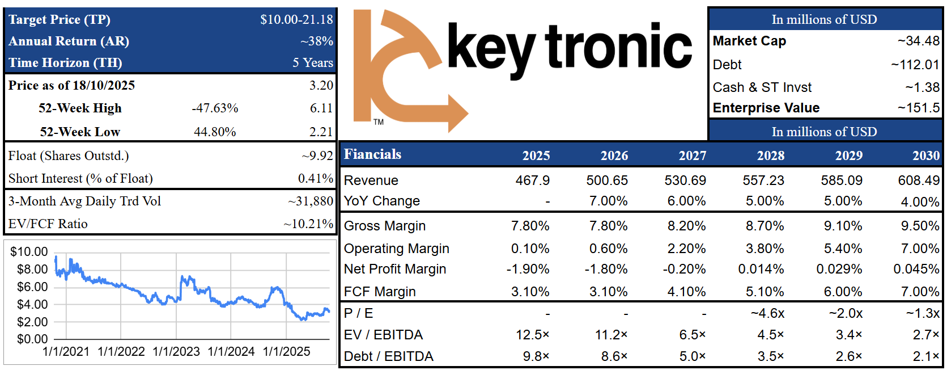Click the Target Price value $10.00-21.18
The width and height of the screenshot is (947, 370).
click(296, 19)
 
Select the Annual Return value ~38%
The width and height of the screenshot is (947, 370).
click(317, 41)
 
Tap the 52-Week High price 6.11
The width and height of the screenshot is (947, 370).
click(321, 108)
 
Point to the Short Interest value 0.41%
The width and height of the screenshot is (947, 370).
click(316, 178)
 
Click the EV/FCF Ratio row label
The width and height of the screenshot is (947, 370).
click(48, 224)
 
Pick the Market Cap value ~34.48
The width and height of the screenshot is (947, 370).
click(918, 41)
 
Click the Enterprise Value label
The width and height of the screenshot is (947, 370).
click(766, 107)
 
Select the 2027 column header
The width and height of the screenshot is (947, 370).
click(693, 155)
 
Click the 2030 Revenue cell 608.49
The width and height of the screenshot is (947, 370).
click(919, 180)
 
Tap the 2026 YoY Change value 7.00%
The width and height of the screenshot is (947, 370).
click(608, 201)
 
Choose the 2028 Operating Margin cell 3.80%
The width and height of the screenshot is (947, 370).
click(765, 249)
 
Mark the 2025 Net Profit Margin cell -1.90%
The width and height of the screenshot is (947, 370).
click(528, 269)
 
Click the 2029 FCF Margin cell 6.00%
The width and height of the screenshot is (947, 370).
click(843, 292)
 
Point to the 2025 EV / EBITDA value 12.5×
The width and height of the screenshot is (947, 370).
click(532, 335)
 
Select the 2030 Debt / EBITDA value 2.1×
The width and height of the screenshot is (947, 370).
click(926, 356)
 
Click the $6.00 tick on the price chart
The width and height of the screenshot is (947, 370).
click(32, 287)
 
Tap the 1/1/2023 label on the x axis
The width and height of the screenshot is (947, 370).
click(176, 351)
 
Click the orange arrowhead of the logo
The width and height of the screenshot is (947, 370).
click(457, 113)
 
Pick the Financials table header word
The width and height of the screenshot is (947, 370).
click(372, 154)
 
